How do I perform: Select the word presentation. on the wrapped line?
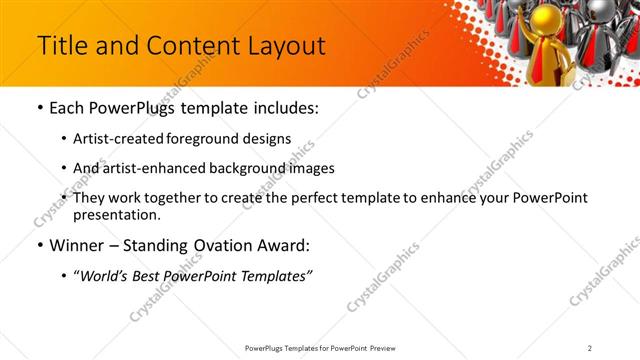[x=116, y=215]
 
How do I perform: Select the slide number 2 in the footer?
[x=589, y=348]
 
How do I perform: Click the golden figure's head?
[x=549, y=17]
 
